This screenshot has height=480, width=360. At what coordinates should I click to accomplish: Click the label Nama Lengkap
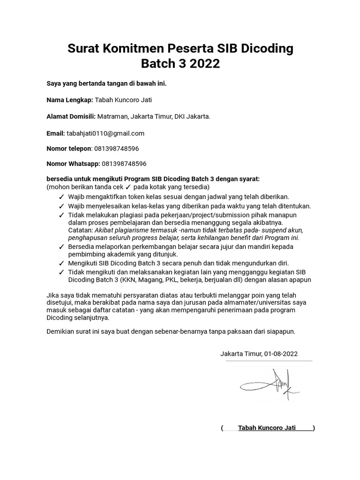coord(70,100)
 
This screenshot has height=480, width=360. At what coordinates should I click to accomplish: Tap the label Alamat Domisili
coord(71,116)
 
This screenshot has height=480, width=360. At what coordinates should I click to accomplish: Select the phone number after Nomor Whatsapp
coord(124,164)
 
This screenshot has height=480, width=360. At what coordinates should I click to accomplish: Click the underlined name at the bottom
coord(267,428)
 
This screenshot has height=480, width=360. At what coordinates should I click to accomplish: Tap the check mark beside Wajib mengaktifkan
coord(61,197)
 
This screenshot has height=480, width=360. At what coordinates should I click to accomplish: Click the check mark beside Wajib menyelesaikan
coord(61,206)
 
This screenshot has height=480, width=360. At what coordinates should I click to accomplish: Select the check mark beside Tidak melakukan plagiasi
coord(61,215)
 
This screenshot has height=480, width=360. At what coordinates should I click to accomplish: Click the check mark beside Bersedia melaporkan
coord(61,246)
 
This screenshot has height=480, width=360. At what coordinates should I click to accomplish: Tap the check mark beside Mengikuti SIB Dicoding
coord(61,263)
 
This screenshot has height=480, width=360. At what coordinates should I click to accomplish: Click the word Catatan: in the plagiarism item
coord(80,230)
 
